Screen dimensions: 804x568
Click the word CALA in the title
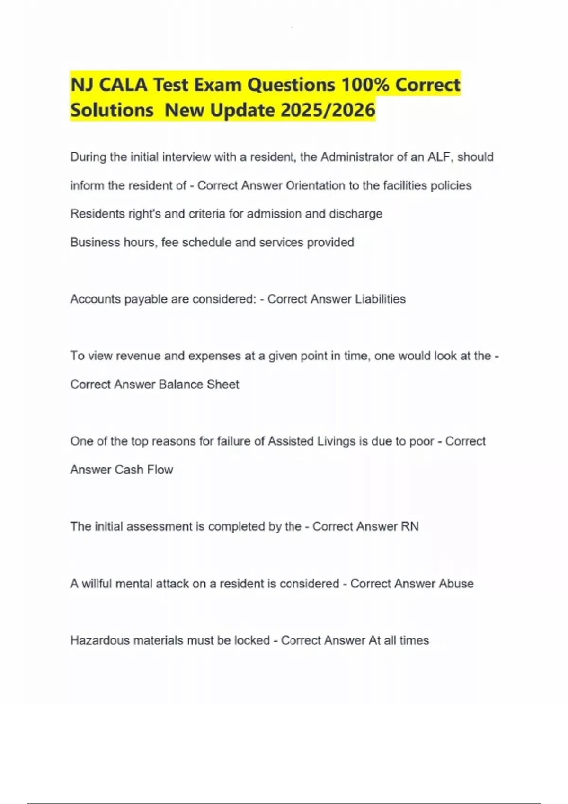coord(123,85)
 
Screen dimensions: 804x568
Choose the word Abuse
coord(456,584)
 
